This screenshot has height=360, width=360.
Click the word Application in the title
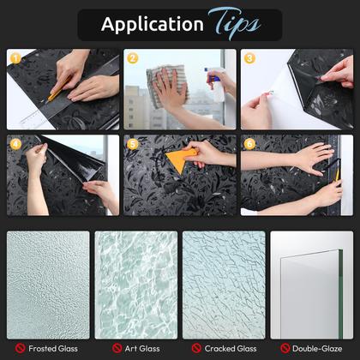[153, 25]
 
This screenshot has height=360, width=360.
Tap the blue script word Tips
[234, 23]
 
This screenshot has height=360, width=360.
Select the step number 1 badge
[15, 58]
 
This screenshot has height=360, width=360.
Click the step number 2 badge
[133, 58]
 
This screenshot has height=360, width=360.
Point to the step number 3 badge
[249, 58]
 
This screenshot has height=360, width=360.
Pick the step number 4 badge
[15, 144]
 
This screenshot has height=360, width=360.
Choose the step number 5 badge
[133, 144]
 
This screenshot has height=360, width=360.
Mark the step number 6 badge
[249, 144]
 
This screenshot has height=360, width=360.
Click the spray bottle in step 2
[215, 84]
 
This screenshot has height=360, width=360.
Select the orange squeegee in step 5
[181, 161]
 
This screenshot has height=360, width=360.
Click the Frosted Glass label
[53, 349]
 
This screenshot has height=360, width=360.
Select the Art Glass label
[142, 349]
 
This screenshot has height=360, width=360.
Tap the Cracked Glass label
[231, 349]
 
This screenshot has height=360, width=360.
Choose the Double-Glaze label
[317, 349]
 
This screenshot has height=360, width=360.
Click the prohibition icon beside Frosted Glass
[20, 348]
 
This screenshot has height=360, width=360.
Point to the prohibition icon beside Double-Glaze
[285, 348]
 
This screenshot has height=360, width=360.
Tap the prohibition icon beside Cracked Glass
[196, 348]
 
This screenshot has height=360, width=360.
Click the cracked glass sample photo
[224, 285]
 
